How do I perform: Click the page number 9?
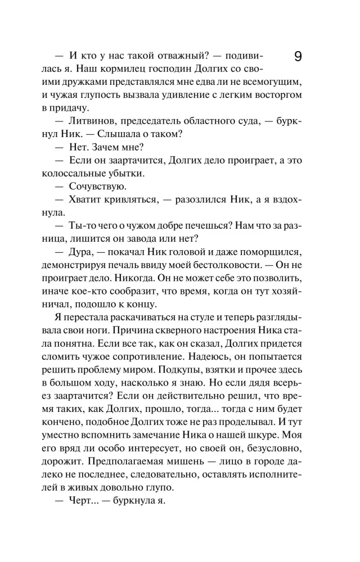[298, 57]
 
